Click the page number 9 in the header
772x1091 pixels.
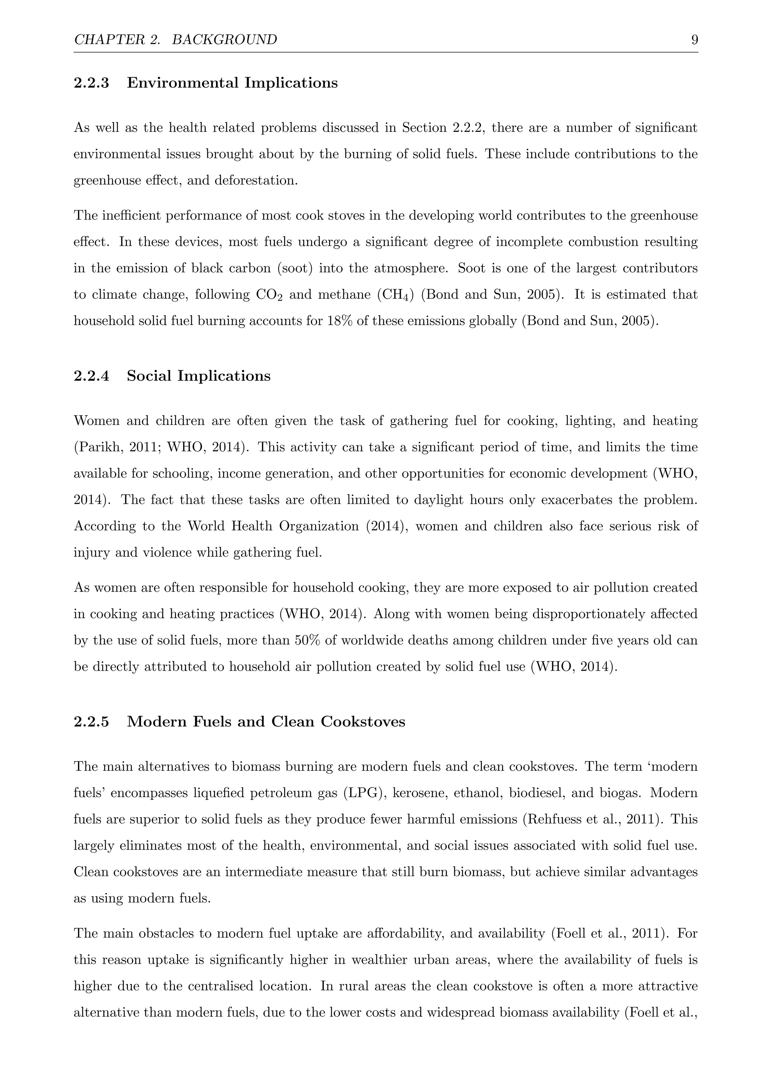pyautogui.click(x=694, y=40)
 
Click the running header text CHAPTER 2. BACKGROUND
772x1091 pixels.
pyautogui.click(x=175, y=40)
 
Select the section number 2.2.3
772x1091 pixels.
pyautogui.click(x=91, y=83)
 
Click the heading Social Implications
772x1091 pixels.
pyautogui.click(x=198, y=376)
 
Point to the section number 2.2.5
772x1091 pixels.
pyautogui.click(x=91, y=721)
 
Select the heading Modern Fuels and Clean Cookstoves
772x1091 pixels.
pyautogui.click(x=266, y=721)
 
